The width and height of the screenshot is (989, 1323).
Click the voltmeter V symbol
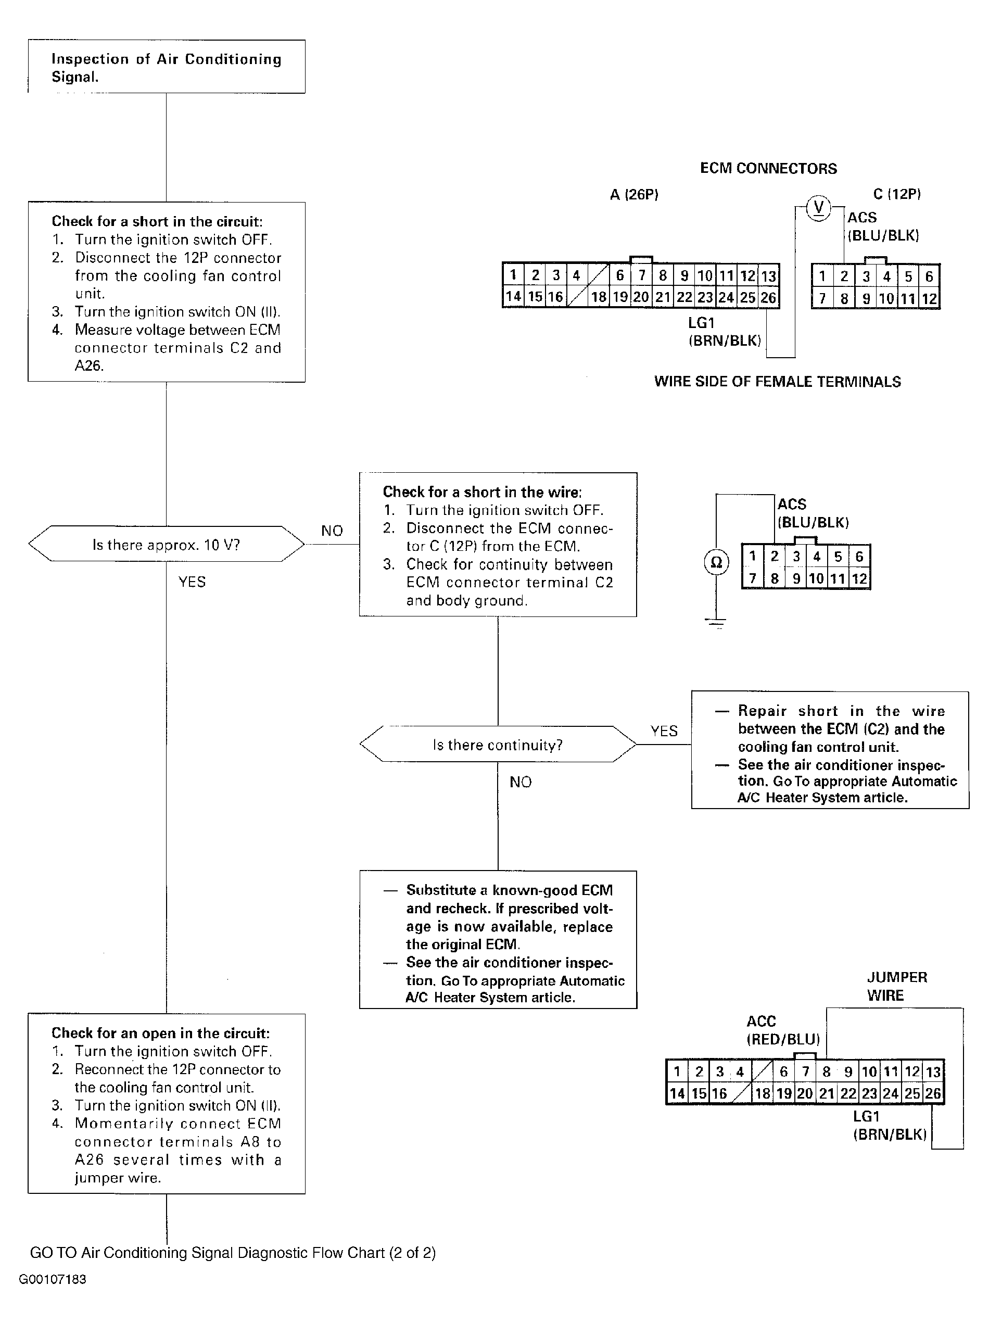819,208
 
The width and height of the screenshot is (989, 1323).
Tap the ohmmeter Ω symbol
716,562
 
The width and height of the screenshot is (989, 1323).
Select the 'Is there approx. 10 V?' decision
166,544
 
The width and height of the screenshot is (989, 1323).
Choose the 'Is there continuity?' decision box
498,745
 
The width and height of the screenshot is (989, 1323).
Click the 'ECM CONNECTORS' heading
768,169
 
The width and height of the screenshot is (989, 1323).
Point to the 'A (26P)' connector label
634,194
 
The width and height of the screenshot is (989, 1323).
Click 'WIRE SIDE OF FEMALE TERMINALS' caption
777,382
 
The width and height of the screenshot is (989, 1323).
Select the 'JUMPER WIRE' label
897,986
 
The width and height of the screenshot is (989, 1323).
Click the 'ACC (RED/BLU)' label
783,1030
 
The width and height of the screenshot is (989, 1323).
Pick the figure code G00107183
53,1279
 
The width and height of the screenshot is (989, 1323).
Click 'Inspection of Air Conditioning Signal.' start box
166,67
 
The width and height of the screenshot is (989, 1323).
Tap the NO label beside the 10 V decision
332,531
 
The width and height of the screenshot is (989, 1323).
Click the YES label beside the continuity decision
664,731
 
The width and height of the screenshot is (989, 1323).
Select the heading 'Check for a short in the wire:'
482,492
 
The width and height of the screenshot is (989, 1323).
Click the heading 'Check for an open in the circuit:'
160,1033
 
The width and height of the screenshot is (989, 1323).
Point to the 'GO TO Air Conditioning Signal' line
233,1252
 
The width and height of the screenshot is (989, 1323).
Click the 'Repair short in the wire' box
830,750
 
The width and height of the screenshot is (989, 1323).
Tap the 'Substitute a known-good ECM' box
498,940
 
